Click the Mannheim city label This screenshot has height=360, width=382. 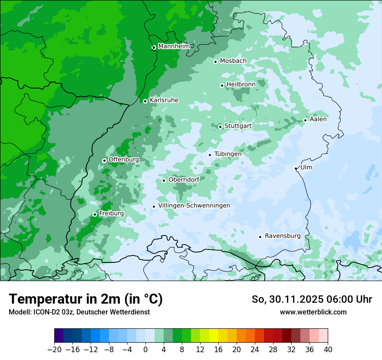[x=174, y=46]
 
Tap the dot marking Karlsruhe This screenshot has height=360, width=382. [x=145, y=101]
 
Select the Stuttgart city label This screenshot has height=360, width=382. [x=238, y=126]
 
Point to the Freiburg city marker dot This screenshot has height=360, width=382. [x=95, y=214]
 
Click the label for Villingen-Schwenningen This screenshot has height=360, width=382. [x=194, y=206]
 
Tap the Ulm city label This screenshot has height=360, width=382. [x=306, y=167]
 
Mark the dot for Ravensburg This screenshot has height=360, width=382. [x=260, y=237]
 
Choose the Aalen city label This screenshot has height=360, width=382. [x=318, y=119]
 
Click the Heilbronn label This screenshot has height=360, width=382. [x=241, y=84]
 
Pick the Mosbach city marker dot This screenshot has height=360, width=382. [x=215, y=62]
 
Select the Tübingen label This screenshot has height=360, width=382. [x=228, y=154]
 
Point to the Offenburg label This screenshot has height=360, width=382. [x=124, y=160]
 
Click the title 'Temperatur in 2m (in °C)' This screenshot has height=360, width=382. [x=86, y=299]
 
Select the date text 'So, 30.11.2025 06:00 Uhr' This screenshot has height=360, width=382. [x=312, y=299]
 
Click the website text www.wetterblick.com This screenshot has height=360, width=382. [x=313, y=312]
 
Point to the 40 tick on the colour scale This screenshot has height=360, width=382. [x=328, y=350]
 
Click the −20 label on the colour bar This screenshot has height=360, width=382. [x=54, y=350]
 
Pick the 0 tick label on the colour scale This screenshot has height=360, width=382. [x=145, y=350]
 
